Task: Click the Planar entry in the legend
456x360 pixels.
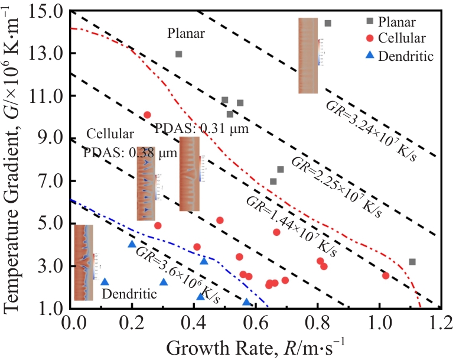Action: point(397,21)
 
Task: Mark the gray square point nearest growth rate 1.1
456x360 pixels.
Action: point(412,261)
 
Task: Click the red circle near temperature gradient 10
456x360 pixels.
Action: point(147,115)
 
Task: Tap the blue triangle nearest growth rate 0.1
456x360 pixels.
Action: point(105,282)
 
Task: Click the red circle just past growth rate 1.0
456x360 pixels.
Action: point(385,275)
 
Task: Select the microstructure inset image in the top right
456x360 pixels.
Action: point(308,56)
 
